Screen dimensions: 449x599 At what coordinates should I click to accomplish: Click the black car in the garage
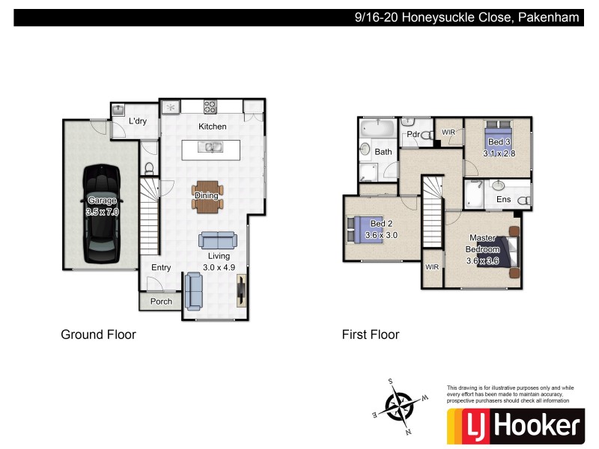point(102,214)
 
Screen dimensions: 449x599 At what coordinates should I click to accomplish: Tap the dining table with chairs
point(207,196)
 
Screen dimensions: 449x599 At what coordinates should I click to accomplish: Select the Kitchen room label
point(212,126)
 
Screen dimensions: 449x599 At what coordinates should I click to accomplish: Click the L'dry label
point(137,121)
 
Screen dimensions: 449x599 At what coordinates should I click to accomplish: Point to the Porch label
point(161,302)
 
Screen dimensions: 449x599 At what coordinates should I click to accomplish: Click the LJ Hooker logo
point(514,425)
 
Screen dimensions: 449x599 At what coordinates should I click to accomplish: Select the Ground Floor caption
point(98,335)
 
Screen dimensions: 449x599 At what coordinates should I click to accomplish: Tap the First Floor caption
point(371,335)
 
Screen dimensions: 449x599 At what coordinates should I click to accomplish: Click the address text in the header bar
point(466,17)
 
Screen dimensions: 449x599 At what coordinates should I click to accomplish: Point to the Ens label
point(503,199)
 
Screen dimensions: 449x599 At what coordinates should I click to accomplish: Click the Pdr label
point(412,135)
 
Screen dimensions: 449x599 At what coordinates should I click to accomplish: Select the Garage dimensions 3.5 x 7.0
point(103,212)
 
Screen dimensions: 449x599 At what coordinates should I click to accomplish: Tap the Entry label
point(161,267)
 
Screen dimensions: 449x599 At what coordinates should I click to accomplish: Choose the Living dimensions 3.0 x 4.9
point(218,267)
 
